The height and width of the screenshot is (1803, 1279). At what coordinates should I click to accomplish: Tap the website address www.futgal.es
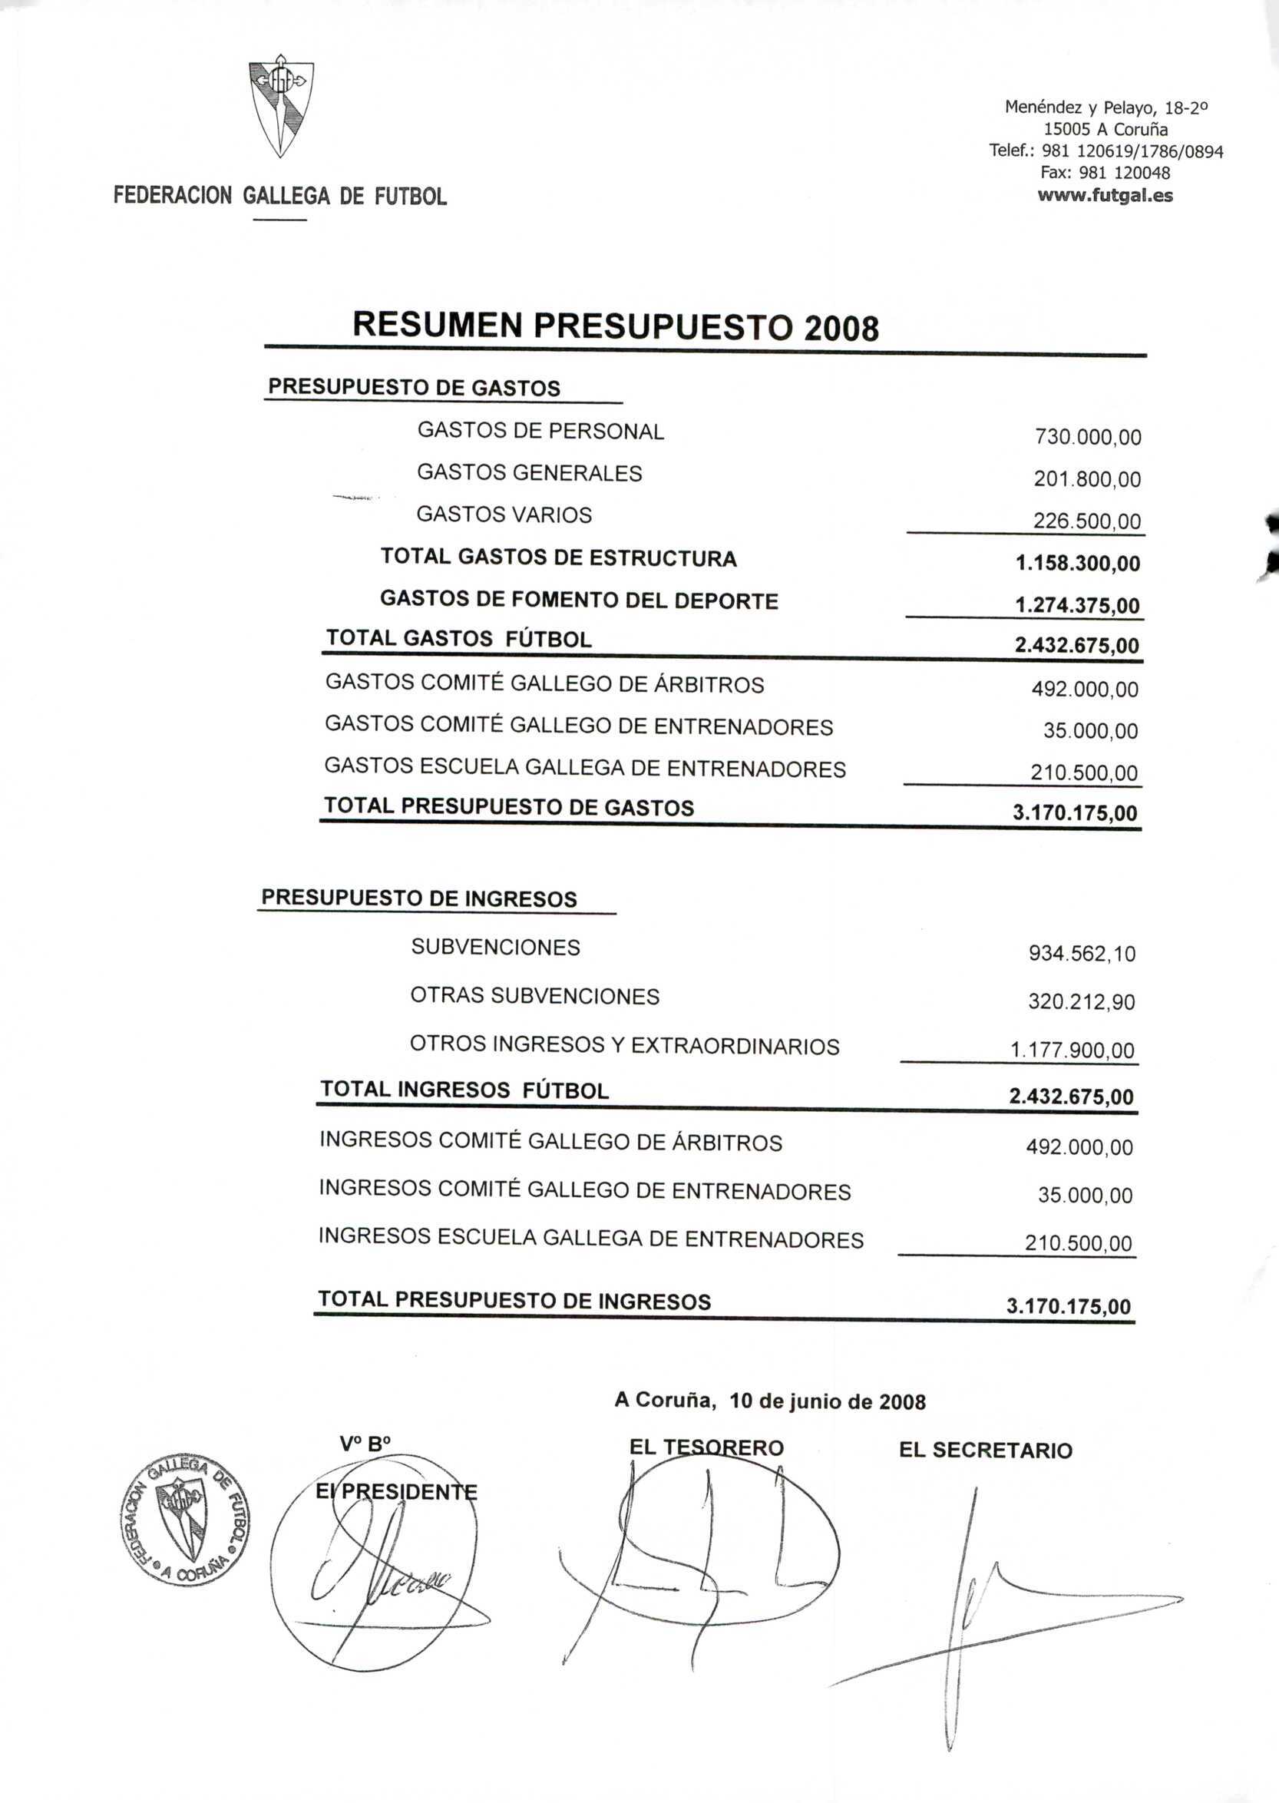(1105, 195)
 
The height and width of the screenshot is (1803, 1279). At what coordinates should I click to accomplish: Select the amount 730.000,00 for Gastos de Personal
(1088, 437)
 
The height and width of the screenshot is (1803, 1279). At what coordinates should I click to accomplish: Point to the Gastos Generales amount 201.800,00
(1087, 480)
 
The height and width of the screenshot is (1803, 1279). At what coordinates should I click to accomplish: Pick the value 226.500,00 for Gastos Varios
(1087, 521)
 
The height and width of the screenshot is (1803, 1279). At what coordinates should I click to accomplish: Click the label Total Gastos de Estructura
(558, 558)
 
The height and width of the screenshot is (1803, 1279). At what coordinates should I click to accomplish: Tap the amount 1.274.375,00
(1076, 606)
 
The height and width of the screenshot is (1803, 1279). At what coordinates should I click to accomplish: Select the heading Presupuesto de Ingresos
(419, 898)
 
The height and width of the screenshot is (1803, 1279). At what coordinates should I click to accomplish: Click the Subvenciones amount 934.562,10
(1082, 954)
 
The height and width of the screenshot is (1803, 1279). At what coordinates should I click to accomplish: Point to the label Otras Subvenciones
(535, 997)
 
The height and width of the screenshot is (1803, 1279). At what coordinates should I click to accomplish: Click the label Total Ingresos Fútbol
(464, 1091)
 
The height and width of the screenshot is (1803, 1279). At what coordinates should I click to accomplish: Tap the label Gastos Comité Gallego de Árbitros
(544, 683)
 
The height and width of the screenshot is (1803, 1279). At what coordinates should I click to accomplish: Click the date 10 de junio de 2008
(827, 1401)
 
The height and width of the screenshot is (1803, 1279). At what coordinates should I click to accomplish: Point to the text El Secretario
(985, 1451)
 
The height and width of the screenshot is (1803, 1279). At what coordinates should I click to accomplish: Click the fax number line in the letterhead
(1105, 173)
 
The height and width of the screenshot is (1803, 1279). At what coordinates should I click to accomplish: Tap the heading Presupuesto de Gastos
(415, 388)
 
